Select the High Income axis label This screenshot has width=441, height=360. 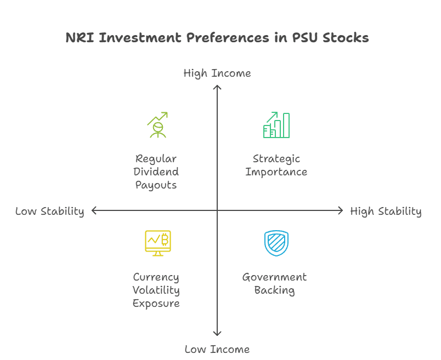(217, 73)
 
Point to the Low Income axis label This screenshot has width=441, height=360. (217, 350)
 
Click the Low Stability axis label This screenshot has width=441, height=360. (50, 212)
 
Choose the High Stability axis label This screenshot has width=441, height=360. (386, 212)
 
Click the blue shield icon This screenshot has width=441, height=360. (276, 243)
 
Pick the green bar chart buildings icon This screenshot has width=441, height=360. (276, 125)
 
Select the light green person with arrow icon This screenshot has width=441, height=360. (157, 125)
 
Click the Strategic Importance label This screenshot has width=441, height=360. (276, 165)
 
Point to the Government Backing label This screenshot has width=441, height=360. (274, 284)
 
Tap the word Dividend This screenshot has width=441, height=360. (156, 172)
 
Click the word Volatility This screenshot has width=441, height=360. (156, 290)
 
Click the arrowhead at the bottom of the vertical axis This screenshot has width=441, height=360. (217, 334)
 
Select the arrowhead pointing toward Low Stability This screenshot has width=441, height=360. (94, 210)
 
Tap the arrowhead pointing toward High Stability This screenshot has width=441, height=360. (341, 210)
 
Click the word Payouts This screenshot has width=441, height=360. (156, 185)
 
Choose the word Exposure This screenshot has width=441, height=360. (156, 304)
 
